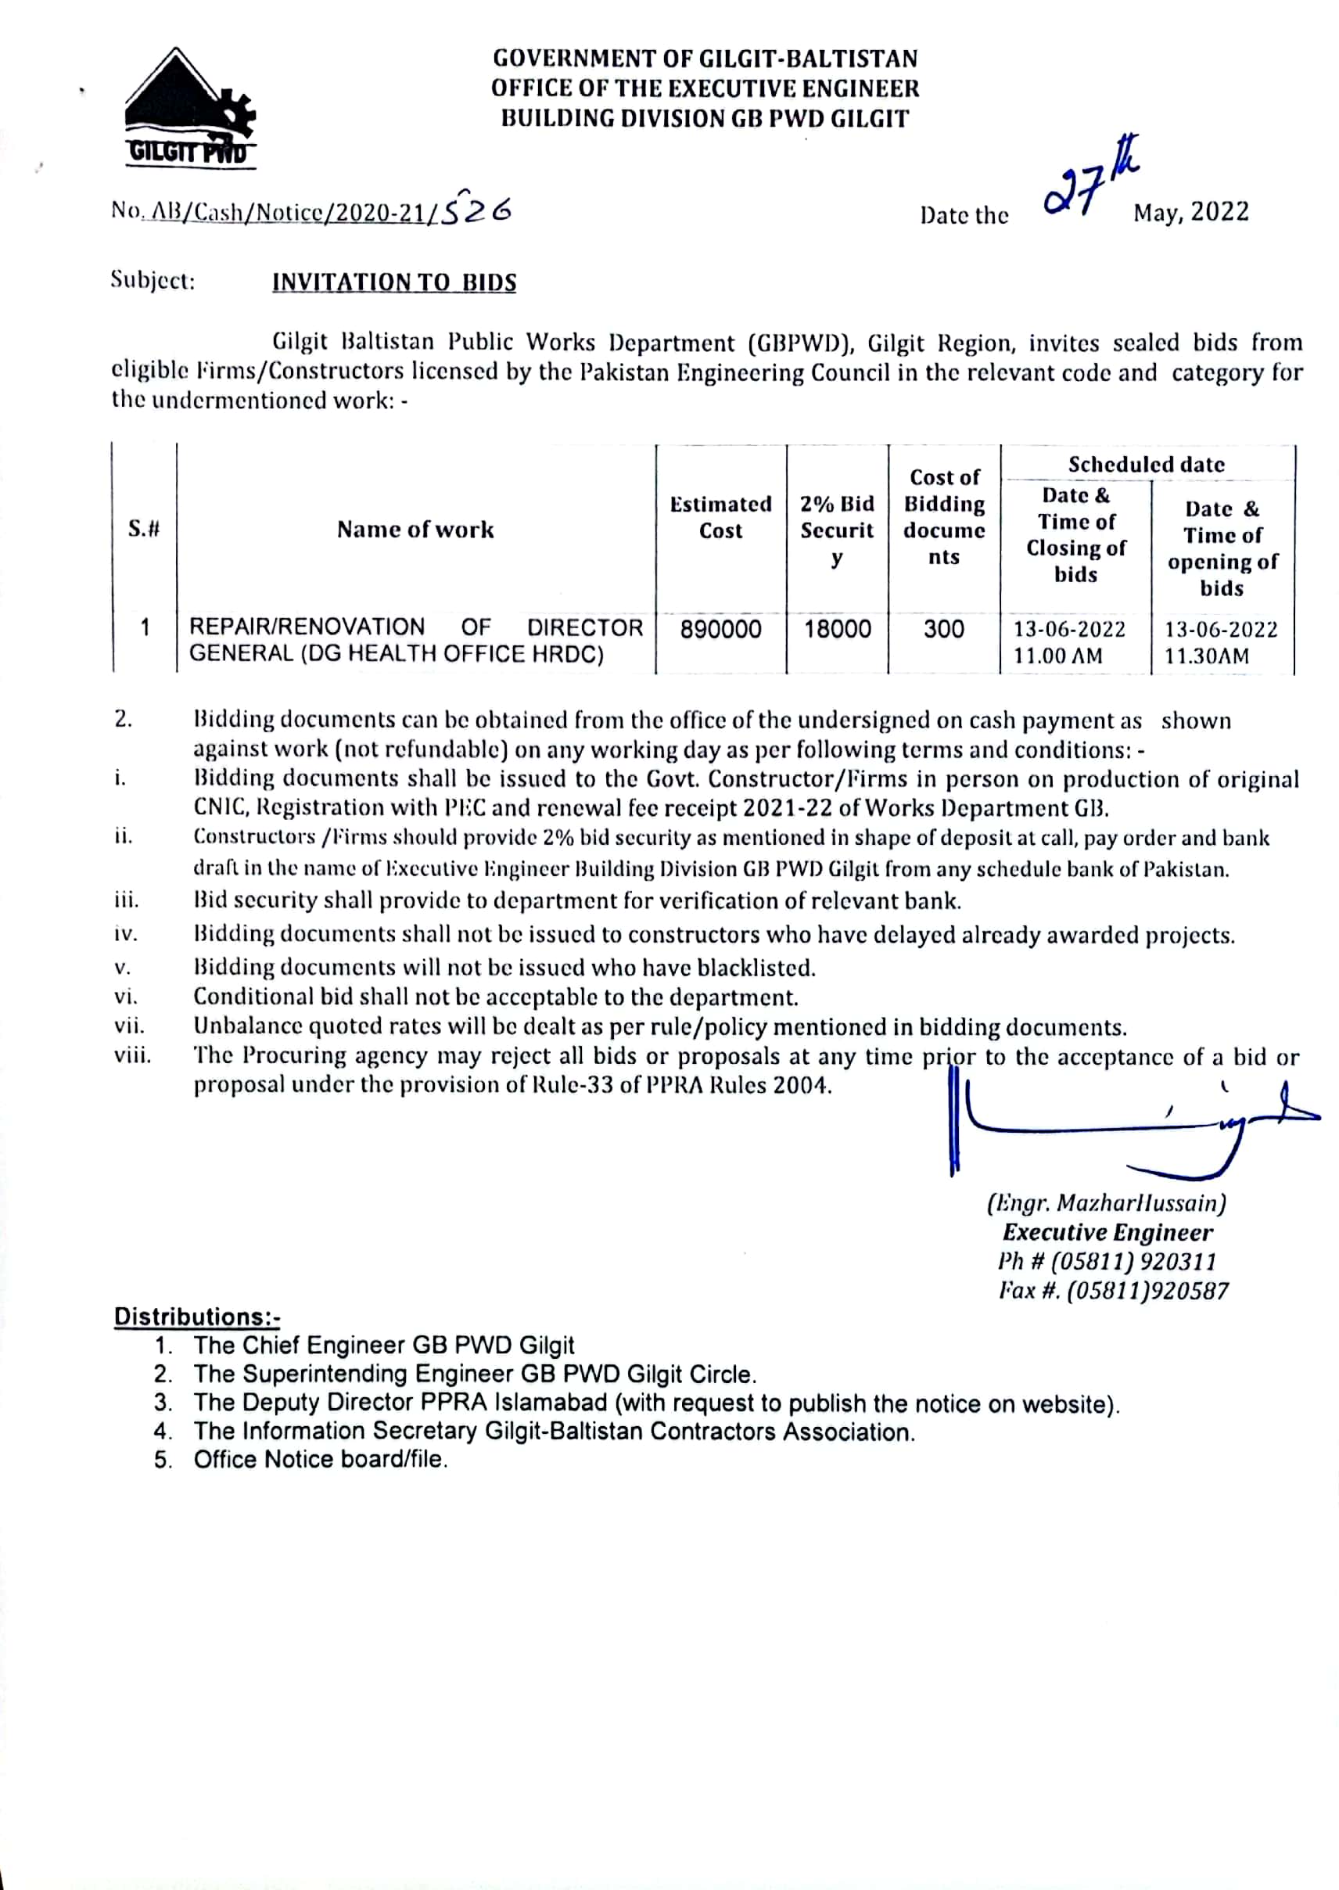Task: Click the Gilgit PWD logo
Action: coord(189,108)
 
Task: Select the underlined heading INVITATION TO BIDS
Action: coord(394,283)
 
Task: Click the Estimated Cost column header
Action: coord(720,517)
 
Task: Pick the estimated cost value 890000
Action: coord(720,630)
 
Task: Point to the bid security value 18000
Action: coord(837,630)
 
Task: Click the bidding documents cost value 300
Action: coord(943,630)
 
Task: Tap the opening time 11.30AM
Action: coord(1206,656)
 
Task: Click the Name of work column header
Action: coord(415,530)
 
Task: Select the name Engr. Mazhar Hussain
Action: coord(1107,1203)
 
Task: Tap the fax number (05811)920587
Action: coord(1147,1291)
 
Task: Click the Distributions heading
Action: coord(197,1317)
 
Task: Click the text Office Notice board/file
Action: coord(321,1460)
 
